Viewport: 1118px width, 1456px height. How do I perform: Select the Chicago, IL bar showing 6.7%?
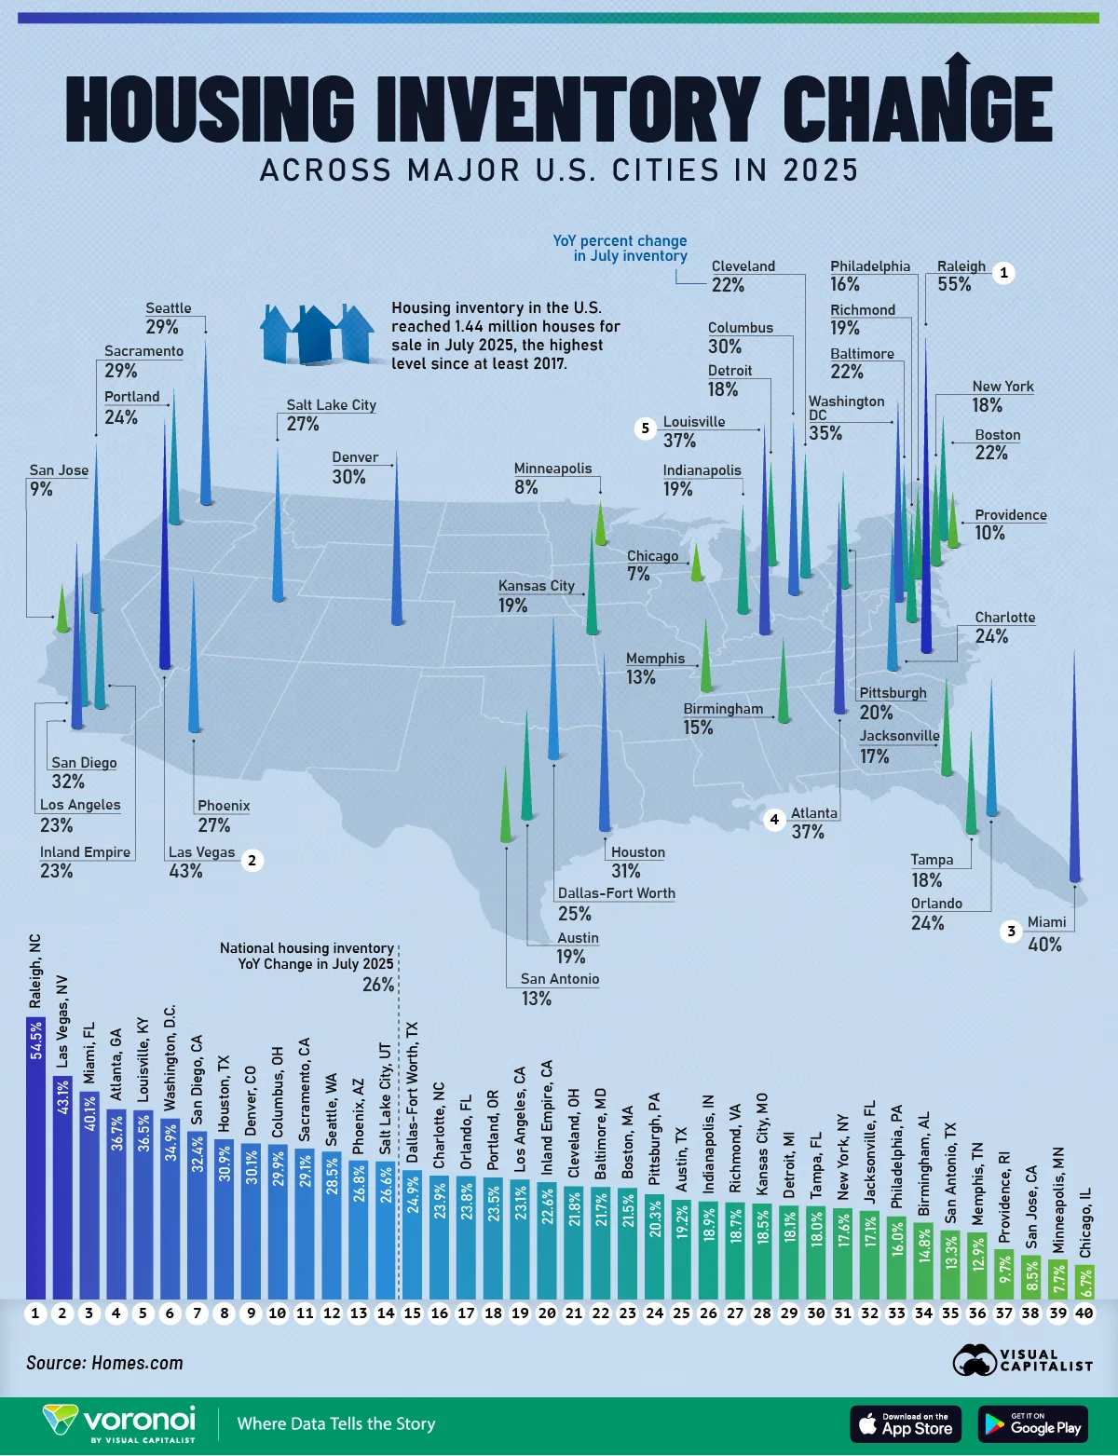click(x=1084, y=1281)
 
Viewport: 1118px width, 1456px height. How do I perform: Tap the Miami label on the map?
click(x=1046, y=922)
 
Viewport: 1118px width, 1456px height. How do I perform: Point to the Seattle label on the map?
click(x=169, y=308)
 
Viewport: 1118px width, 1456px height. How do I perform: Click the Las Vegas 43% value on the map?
click(x=185, y=871)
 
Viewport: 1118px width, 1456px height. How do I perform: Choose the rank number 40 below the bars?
click(x=1084, y=1313)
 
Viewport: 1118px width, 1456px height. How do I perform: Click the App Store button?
click(x=906, y=1423)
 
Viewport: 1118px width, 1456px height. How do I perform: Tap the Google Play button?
click(x=1033, y=1423)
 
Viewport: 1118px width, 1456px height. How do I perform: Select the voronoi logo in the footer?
click(x=120, y=1422)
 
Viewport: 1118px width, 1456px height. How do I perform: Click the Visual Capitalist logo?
click(x=1022, y=1360)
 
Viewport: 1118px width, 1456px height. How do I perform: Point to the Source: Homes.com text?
click(x=104, y=1363)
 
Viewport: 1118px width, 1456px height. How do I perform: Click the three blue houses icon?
click(x=317, y=333)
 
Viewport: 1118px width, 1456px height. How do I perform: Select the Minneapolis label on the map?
click(x=552, y=469)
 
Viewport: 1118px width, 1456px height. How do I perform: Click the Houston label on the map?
click(x=637, y=852)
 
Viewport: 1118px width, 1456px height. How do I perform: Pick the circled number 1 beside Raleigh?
click(x=1003, y=273)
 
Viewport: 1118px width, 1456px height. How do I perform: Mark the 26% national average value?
click(x=378, y=985)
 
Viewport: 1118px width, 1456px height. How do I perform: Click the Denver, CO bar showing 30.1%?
click(x=251, y=1220)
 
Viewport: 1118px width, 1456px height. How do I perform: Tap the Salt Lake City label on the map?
click(x=331, y=405)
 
